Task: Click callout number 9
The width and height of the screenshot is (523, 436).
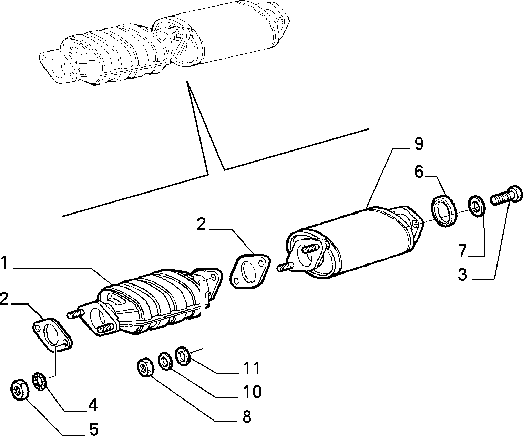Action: (x=419, y=144)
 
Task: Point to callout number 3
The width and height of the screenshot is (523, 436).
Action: (x=462, y=274)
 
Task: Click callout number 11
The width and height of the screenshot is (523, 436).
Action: (x=252, y=368)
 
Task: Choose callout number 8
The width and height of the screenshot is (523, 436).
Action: (x=247, y=417)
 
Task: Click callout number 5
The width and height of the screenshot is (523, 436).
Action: (x=94, y=429)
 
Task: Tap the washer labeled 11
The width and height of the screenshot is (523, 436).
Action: (x=184, y=356)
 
